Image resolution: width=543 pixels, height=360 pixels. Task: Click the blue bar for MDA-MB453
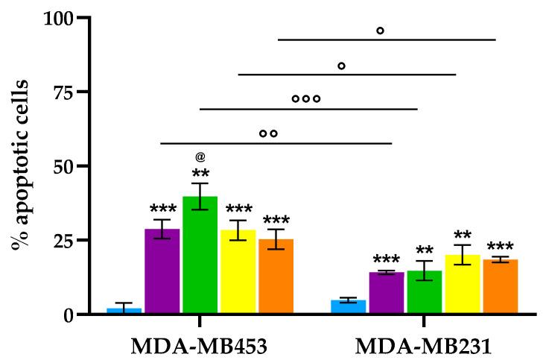(124, 311)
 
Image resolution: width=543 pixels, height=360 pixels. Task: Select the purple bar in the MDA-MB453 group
(162, 272)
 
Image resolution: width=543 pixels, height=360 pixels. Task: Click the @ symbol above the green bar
(200, 157)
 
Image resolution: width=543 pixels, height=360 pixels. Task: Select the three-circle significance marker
(306, 98)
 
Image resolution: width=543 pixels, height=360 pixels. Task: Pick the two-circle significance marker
(269, 133)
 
